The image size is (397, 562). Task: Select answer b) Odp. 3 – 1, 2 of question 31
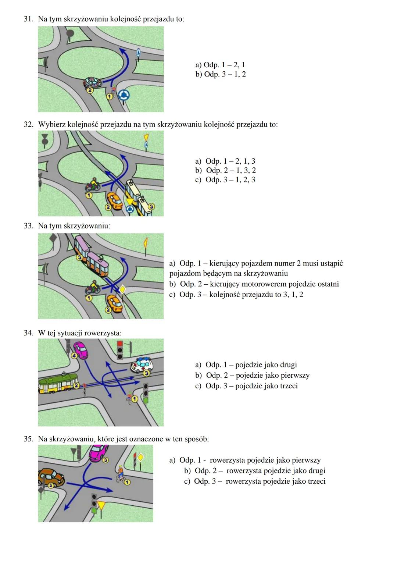pyautogui.click(x=221, y=74)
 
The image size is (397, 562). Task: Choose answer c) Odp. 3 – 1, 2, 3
pyautogui.click(x=225, y=180)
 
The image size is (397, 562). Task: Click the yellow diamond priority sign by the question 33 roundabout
pyautogui.click(x=122, y=289)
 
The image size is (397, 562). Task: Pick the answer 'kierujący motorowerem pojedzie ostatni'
pyautogui.click(x=254, y=284)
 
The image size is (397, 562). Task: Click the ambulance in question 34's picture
pyautogui.click(x=142, y=365)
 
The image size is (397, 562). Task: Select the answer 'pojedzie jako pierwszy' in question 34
pyautogui.click(x=253, y=376)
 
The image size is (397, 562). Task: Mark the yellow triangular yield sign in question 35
pyautogui.click(x=101, y=506)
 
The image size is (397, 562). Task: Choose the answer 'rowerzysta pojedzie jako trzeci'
pyautogui.click(x=255, y=481)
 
